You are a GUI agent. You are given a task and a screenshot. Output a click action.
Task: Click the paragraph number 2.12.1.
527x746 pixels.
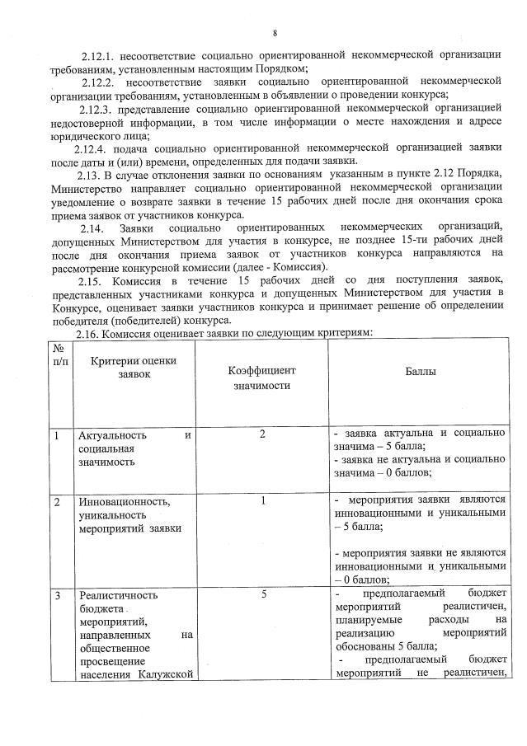98,56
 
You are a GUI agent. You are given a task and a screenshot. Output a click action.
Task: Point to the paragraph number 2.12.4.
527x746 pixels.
91,148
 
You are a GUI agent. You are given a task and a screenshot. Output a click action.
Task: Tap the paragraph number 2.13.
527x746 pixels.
89,175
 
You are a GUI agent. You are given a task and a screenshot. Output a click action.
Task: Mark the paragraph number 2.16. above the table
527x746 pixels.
91,332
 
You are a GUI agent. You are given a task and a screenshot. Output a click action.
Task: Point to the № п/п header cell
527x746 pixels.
59,355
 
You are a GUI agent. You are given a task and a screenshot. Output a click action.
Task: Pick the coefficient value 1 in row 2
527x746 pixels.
262,500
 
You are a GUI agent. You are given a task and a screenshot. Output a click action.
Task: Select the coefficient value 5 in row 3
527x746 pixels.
262,593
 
